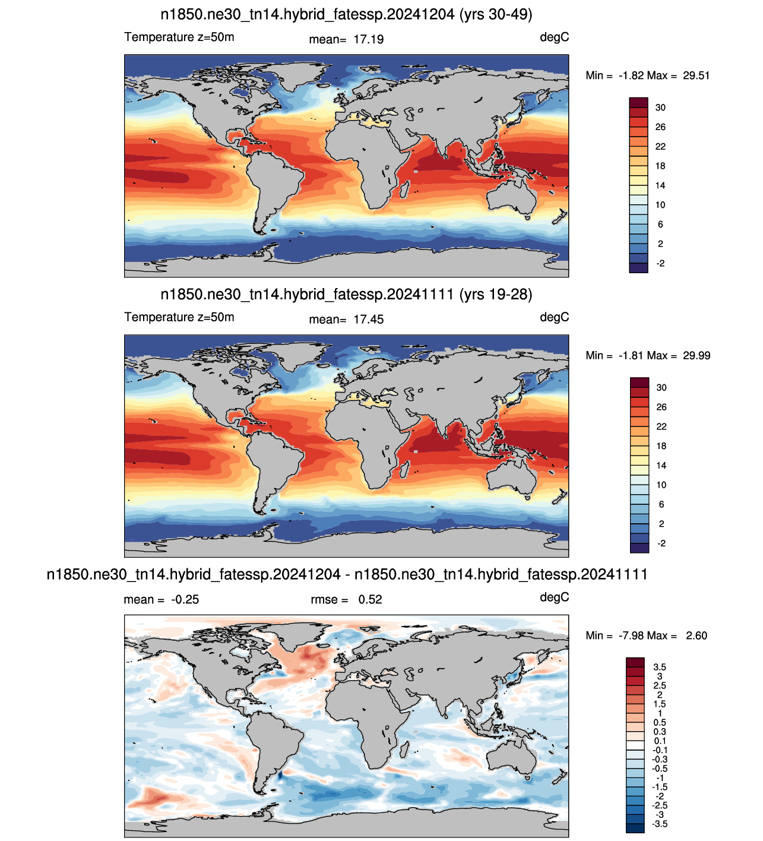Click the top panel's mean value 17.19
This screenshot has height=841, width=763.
coord(369,39)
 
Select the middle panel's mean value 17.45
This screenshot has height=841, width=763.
coord(369,320)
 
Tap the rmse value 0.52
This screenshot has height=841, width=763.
coord(370,599)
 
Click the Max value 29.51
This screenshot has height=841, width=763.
coord(696,75)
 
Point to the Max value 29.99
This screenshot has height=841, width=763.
coord(696,356)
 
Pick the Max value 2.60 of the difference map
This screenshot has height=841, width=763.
coord(696,636)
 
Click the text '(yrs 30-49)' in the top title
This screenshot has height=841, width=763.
coord(496,15)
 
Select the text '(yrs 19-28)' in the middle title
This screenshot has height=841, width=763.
coord(496,295)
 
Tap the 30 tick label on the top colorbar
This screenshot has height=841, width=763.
coord(660,108)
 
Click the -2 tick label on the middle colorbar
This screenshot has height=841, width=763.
coord(661,543)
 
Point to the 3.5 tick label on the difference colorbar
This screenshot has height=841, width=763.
coord(660,667)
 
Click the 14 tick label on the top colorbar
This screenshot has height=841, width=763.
coord(660,185)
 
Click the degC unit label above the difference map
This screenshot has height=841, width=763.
coord(554,597)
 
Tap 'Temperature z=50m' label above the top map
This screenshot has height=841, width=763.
coord(179,37)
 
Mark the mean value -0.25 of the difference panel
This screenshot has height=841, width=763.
coord(185,599)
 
